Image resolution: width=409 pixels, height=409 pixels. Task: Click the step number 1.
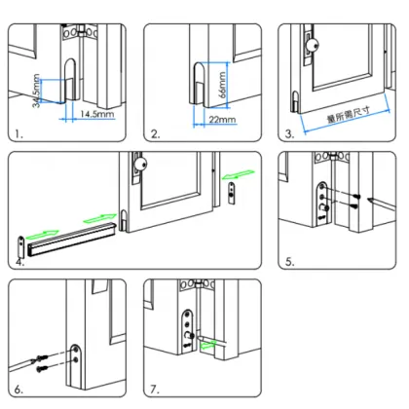click(x=19, y=132)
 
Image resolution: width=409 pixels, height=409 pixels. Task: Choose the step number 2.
click(x=154, y=132)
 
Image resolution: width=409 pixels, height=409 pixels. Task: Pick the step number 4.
click(x=20, y=262)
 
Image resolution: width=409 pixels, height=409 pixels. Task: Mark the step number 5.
click(x=289, y=262)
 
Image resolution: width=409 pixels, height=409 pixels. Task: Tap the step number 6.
click(x=19, y=389)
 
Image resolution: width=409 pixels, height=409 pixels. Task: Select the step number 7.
click(x=154, y=389)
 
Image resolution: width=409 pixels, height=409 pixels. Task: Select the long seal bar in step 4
click(x=73, y=239)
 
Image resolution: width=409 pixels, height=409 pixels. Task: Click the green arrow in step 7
click(x=210, y=344)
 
